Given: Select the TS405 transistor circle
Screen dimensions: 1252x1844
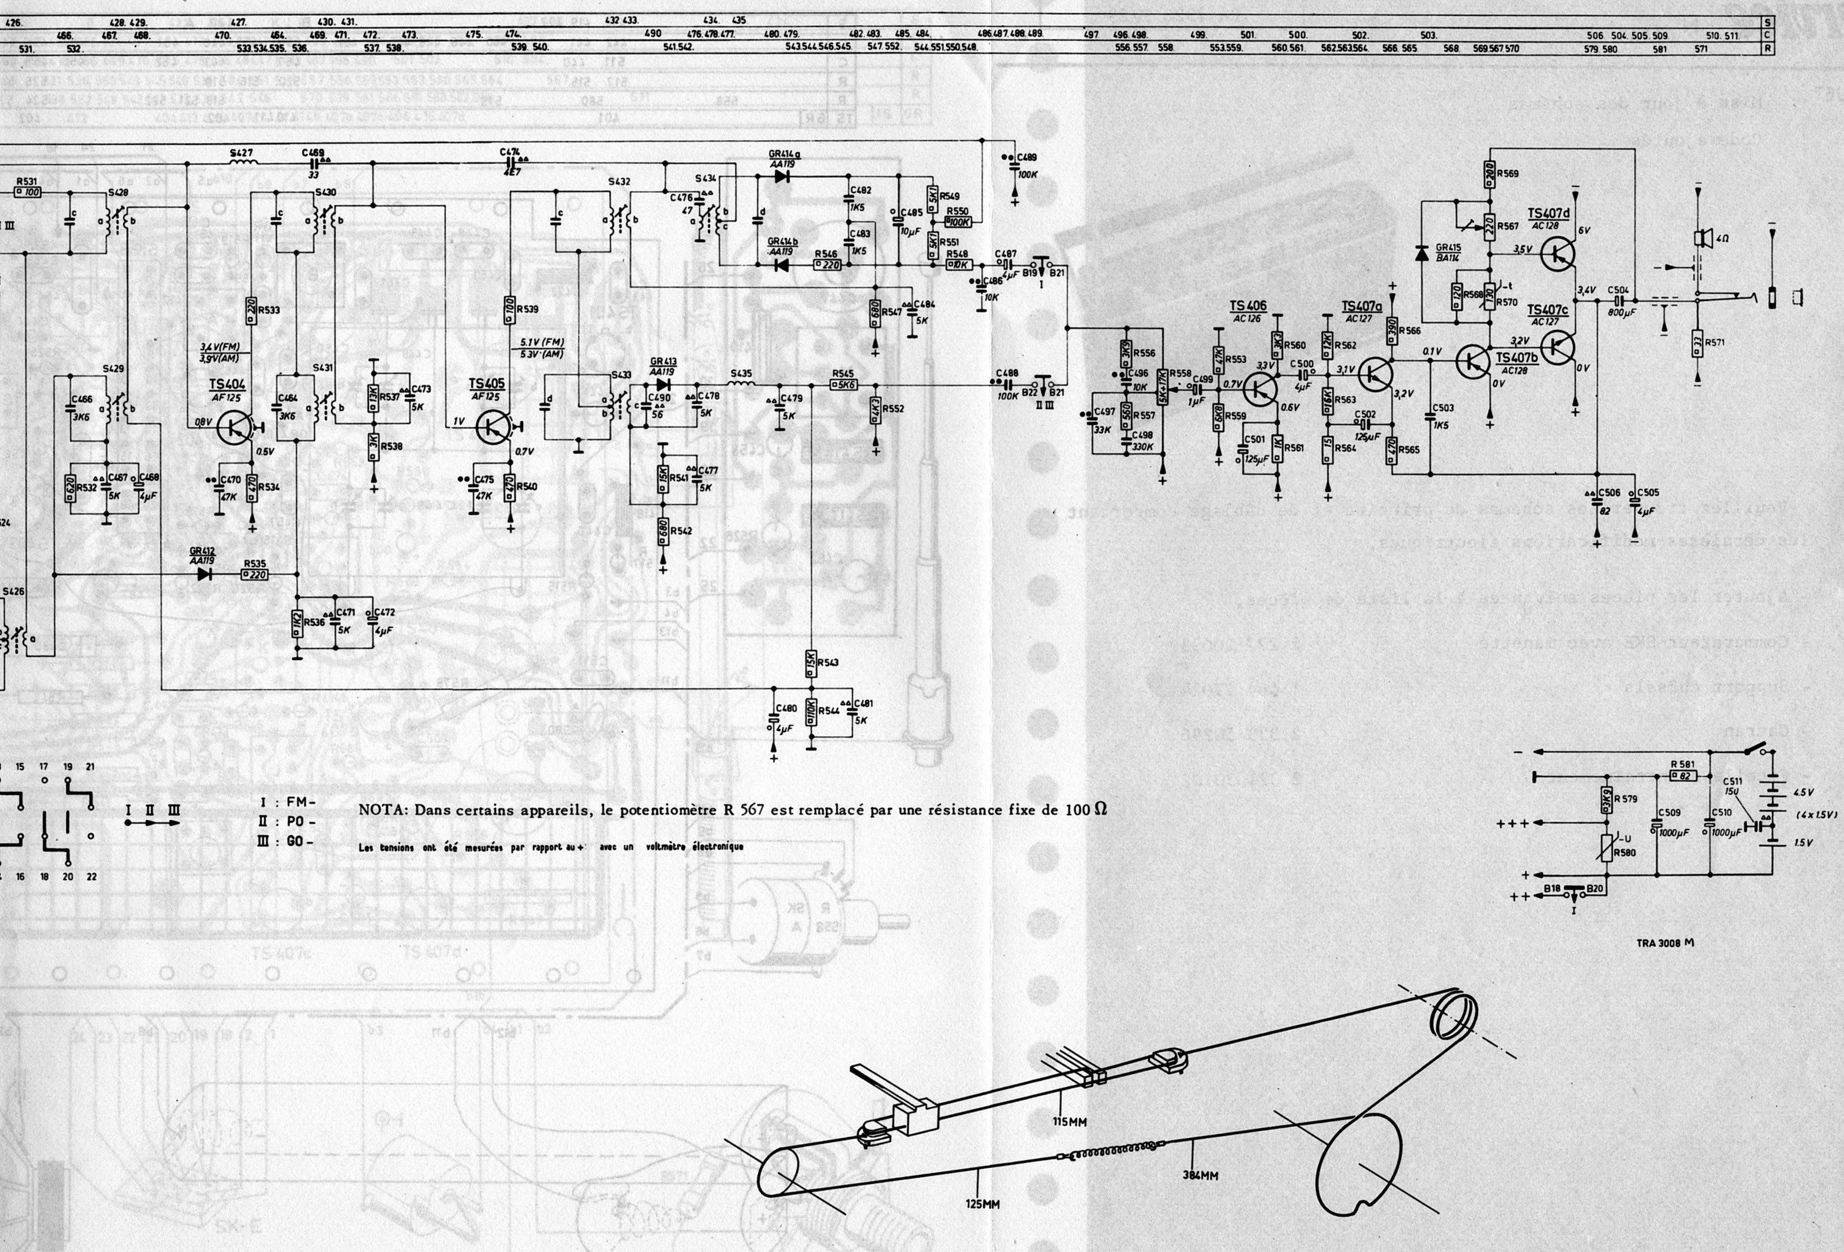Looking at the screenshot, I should (x=494, y=428).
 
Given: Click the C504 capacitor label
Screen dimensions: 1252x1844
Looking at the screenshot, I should (x=1618, y=290).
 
